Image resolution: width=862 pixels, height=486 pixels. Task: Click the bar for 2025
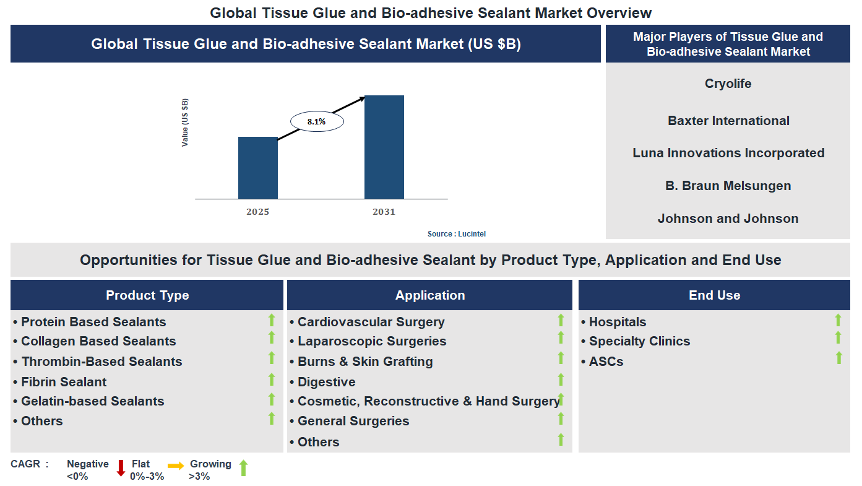(258, 168)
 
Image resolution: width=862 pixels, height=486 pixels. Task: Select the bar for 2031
(384, 147)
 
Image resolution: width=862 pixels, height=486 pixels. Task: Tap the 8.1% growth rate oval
(316, 122)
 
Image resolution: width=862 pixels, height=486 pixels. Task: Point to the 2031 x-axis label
(384, 212)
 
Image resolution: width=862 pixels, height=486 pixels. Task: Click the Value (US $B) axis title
(185, 122)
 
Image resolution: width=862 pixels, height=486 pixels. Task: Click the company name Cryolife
(728, 84)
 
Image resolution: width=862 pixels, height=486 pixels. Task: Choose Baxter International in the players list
(728, 121)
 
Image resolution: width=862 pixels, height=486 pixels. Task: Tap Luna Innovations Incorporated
(728, 153)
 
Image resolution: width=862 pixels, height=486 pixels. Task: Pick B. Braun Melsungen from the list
(728, 186)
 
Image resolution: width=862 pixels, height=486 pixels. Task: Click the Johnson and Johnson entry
(728, 219)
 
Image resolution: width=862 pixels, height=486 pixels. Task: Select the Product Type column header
(147, 295)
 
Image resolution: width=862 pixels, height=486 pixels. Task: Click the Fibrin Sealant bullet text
(64, 382)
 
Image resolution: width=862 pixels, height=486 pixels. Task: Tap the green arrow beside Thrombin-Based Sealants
(271, 358)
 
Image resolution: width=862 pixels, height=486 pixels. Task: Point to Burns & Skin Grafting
(365, 362)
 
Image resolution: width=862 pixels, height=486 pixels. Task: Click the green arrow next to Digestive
(561, 379)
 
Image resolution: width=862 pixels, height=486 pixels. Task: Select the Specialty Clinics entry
(639, 341)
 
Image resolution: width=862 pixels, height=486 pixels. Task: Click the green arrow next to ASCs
(838, 358)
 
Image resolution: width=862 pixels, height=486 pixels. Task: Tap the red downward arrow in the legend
(121, 468)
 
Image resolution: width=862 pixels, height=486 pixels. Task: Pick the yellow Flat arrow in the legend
(176, 466)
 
